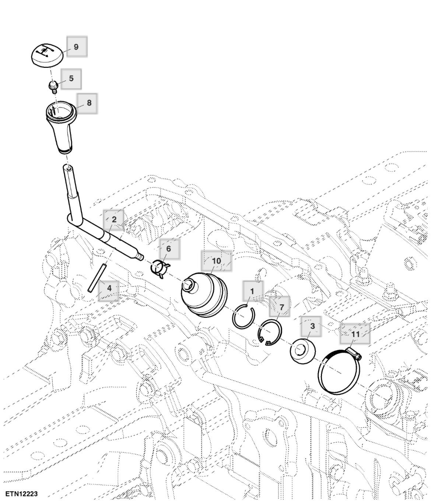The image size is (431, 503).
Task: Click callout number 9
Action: click(x=76, y=47)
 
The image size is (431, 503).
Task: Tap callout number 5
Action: click(x=71, y=78)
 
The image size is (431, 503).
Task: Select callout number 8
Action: click(x=89, y=103)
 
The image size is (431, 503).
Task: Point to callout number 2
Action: click(x=114, y=219)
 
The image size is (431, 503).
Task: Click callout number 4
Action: click(x=109, y=288)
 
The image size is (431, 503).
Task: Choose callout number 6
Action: click(x=169, y=249)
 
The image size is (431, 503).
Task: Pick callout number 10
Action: click(x=216, y=261)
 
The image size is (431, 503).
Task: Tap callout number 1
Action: click(x=252, y=291)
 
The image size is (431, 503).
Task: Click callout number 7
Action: click(x=281, y=307)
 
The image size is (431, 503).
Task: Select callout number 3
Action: click(x=312, y=326)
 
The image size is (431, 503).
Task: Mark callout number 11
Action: click(x=355, y=334)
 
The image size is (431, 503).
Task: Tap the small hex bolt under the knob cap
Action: click(x=53, y=86)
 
